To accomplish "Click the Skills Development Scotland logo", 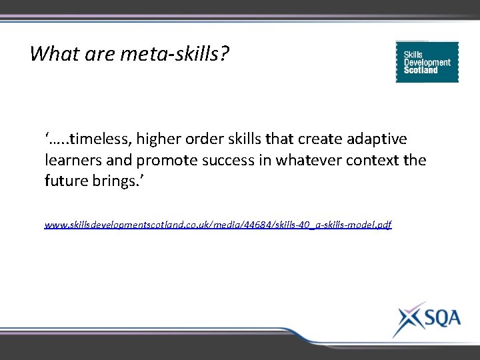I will coord(427,62).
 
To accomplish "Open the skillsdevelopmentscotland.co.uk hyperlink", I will coord(218,225).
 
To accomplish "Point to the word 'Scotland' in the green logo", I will coord(421,70).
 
